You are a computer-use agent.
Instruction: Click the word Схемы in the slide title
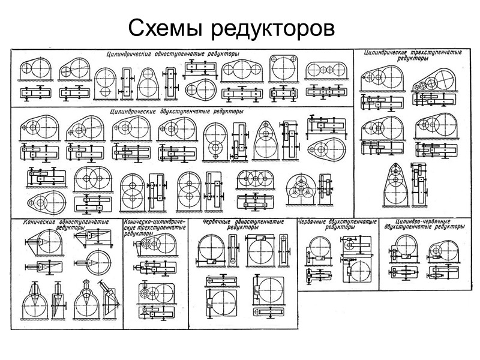(x=158, y=28)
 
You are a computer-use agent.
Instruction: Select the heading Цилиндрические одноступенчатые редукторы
(x=172, y=54)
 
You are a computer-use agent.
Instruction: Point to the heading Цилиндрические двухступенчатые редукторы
(x=177, y=111)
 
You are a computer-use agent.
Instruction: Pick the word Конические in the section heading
(x=39, y=222)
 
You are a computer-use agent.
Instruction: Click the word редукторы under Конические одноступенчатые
(x=71, y=228)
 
